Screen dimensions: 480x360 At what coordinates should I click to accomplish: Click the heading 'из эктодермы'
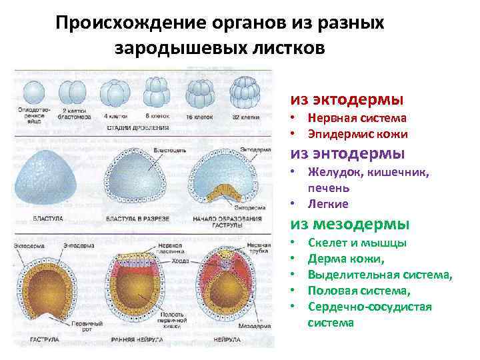point(346,100)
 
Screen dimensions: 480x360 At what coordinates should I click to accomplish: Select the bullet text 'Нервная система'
point(357,119)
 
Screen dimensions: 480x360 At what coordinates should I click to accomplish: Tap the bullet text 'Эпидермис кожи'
point(357,134)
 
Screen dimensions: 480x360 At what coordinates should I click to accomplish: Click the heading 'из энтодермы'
point(347,153)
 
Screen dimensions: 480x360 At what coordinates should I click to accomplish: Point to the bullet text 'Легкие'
point(328,203)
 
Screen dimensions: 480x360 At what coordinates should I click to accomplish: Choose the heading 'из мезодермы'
point(349,224)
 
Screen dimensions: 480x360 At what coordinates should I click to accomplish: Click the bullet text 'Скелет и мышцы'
point(357,243)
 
